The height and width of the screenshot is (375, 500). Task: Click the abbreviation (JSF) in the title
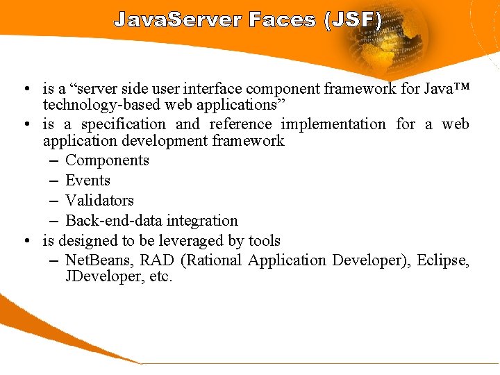(x=353, y=19)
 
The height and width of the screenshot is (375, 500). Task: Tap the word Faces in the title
(x=282, y=19)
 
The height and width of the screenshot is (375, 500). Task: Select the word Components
(x=107, y=160)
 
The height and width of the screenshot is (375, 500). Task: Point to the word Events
(x=87, y=181)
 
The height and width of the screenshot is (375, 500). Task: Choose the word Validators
(x=99, y=201)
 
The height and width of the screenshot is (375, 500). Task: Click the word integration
(x=207, y=221)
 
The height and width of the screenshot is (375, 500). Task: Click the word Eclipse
(x=443, y=261)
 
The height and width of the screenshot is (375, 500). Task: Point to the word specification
(x=124, y=125)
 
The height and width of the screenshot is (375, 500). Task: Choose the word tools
(x=265, y=241)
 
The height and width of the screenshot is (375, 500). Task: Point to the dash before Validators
(x=54, y=201)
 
